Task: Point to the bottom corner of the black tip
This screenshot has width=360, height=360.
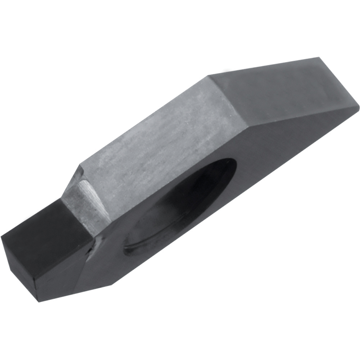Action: (x=39, y=301)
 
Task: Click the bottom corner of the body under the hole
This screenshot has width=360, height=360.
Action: (x=112, y=284)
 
